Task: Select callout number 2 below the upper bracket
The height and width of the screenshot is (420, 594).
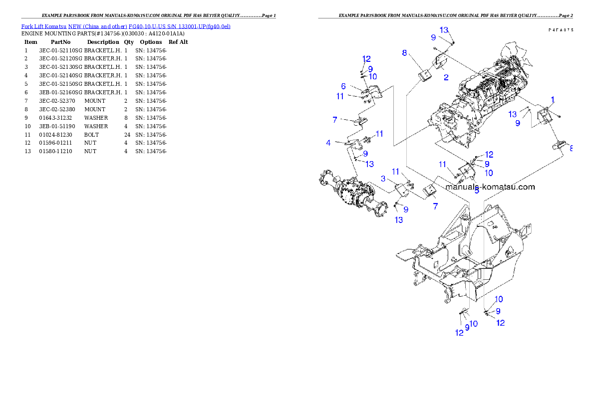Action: coord(446,77)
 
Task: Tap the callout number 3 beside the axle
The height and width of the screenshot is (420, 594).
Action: coord(383,179)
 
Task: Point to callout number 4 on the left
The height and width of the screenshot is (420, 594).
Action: coord(328,143)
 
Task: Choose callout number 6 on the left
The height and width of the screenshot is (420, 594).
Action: coord(343,87)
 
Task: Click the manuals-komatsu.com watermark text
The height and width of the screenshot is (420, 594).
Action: coord(490,187)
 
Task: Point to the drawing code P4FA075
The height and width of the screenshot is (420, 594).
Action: coord(560,30)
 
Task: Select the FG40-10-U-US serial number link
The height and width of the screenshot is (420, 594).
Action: coord(179,26)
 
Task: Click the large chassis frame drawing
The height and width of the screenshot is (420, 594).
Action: coord(464,254)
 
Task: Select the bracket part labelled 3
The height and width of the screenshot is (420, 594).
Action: coord(401,191)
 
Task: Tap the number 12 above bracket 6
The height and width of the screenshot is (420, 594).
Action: coord(366,59)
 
